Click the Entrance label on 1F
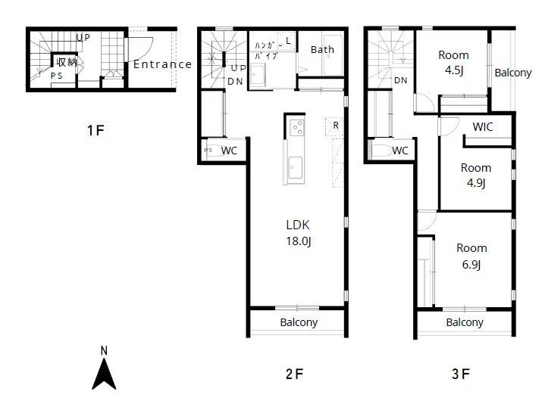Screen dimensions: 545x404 coord(162,64)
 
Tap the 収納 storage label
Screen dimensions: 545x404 coord(67,63)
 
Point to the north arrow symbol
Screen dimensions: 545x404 coord(104,374)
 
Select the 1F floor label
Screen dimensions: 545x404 coord(96,130)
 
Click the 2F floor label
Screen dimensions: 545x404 coord(294,374)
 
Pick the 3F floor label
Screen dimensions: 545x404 coord(461,374)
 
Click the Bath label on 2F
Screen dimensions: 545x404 coord(322,50)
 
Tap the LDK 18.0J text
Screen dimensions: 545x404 coord(298,233)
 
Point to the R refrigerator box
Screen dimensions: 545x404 coord(335,126)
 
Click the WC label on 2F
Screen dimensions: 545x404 coord(229,151)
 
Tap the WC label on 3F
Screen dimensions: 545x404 coord(400,151)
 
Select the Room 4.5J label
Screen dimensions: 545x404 coord(453,63)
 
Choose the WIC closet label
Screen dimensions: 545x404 coord(482,127)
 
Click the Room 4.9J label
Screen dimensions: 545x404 coord(476,175)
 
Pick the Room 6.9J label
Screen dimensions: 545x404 coord(471,256)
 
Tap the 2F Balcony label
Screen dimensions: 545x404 coord(299,322)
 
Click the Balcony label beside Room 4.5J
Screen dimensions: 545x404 coord(513,73)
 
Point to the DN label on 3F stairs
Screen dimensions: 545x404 coord(401,80)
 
